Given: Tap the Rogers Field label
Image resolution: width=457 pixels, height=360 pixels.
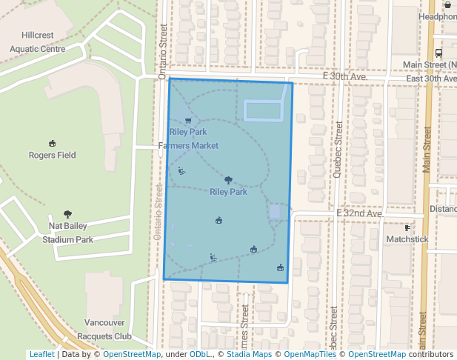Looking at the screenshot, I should (53, 156).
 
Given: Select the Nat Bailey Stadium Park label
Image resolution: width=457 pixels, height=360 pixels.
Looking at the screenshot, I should (67, 232).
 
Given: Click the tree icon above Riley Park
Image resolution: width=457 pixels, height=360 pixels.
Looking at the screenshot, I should (228, 180).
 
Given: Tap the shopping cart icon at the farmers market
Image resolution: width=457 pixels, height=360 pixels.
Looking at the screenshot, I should (188, 121).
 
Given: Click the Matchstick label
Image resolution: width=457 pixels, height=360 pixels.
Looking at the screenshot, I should (407, 239).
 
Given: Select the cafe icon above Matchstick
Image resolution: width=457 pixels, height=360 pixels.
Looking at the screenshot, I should (407, 227).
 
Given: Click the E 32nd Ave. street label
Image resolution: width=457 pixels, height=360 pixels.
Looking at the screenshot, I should (360, 213).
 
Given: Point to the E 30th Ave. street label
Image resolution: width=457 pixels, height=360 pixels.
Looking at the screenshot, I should (345, 77).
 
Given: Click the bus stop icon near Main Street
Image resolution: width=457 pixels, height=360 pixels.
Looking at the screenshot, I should (439, 53).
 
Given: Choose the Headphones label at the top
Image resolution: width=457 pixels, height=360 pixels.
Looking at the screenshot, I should (438, 16).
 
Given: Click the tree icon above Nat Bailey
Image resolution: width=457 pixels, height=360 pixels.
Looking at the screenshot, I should (68, 214).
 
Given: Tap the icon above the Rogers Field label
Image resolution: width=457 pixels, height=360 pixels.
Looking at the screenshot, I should (53, 144).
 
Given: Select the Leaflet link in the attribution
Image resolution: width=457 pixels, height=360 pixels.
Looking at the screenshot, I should (41, 354).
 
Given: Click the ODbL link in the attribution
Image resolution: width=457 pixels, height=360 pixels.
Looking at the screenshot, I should (201, 354).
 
